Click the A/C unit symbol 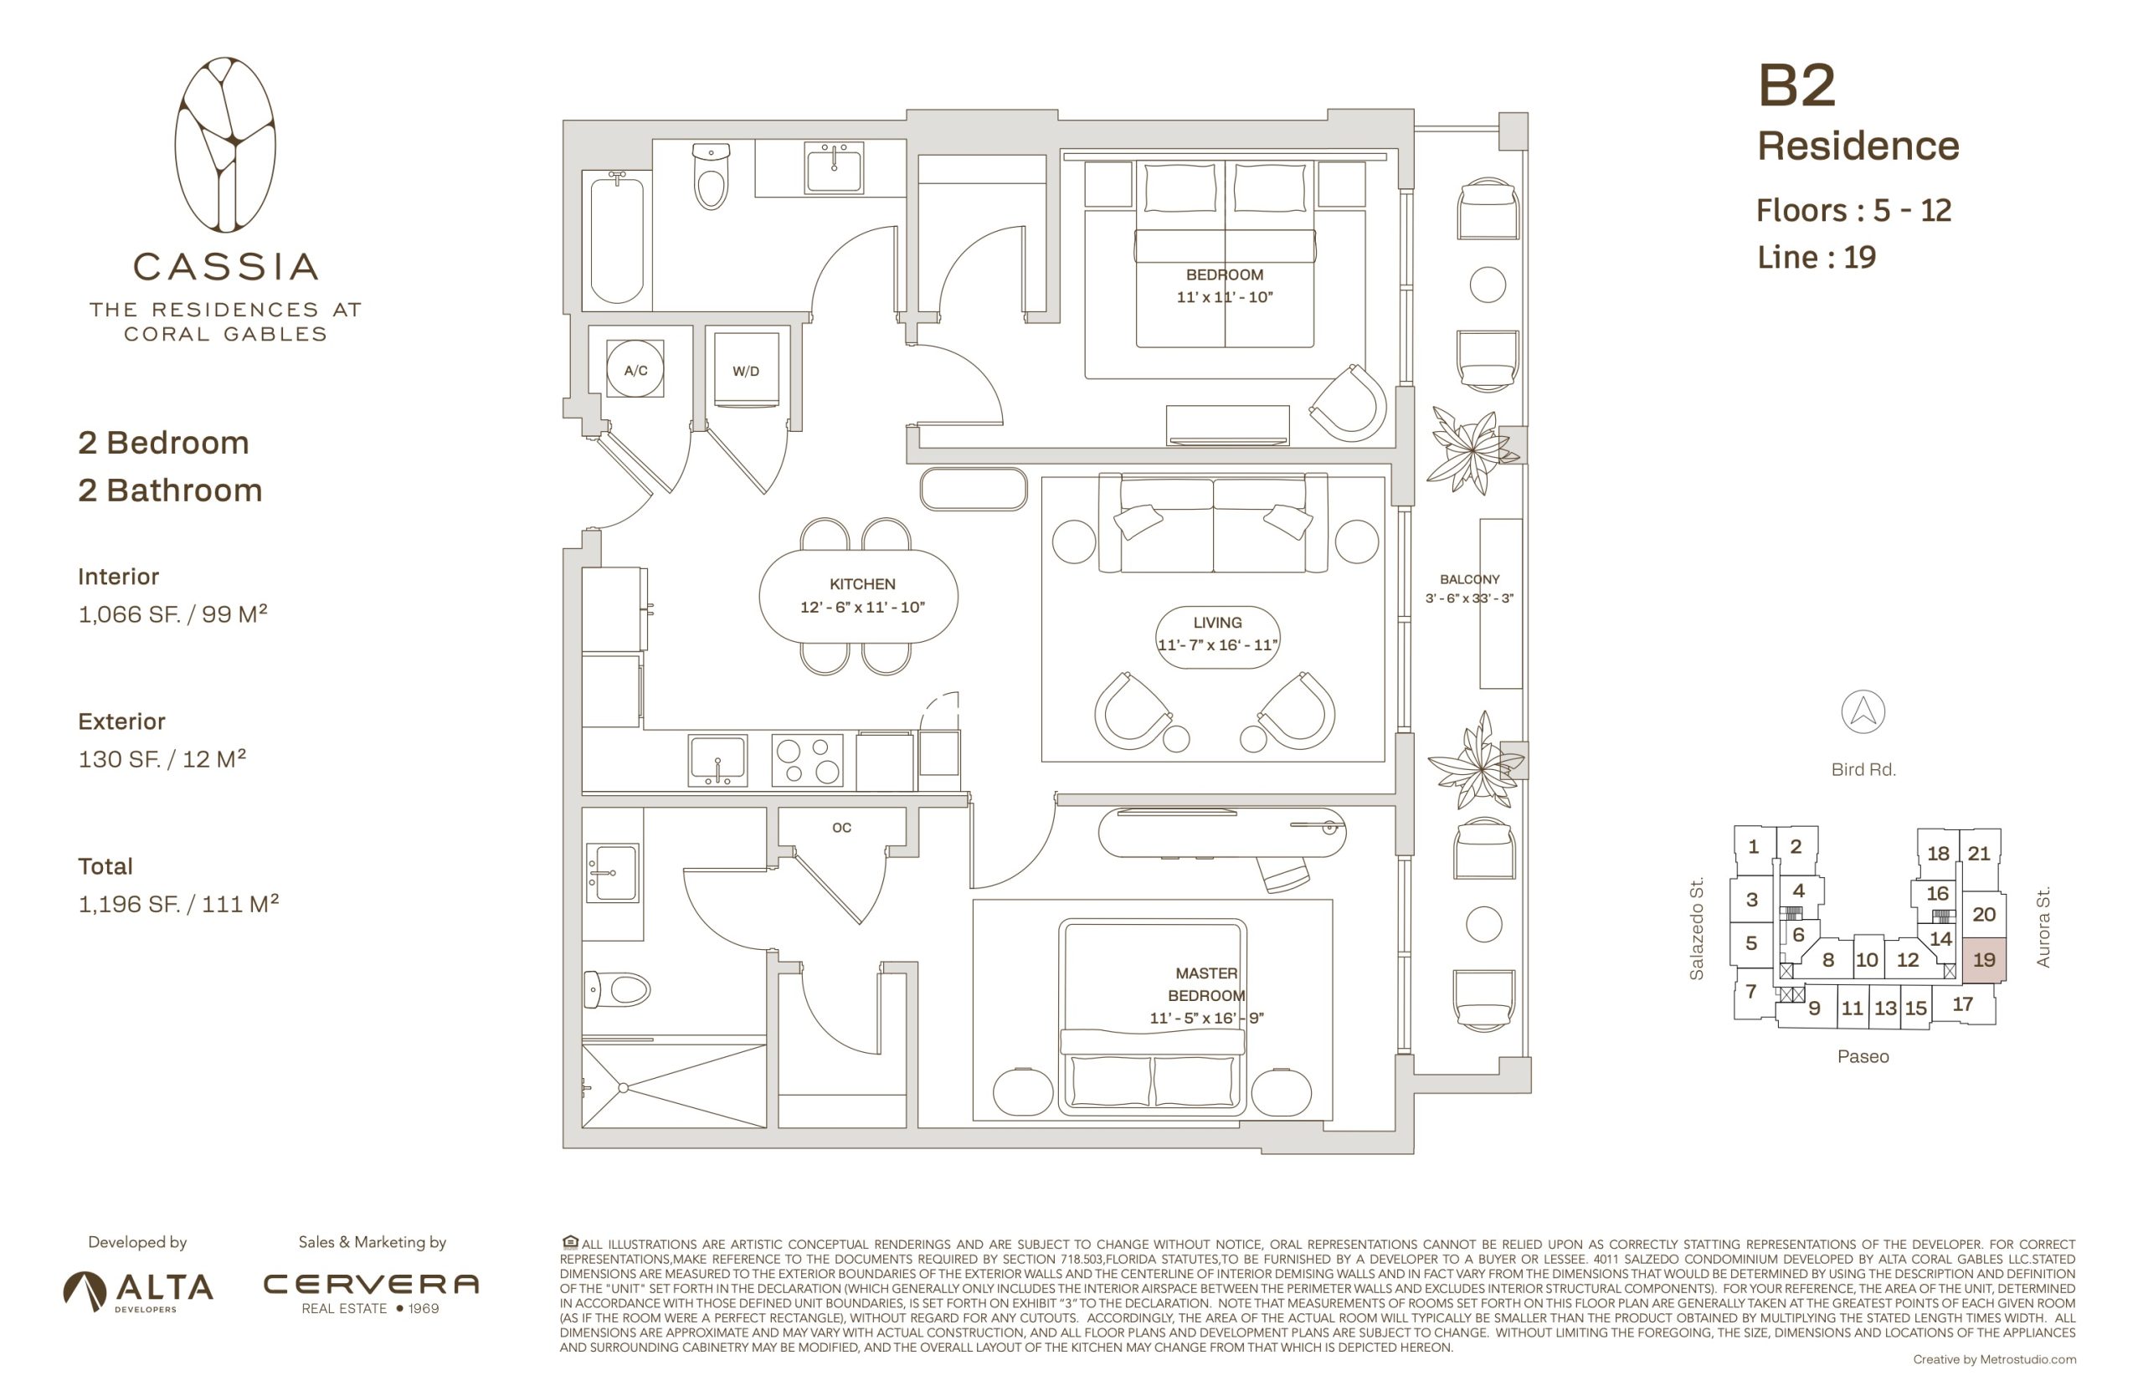[x=635, y=369]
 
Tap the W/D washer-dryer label [x=745, y=371]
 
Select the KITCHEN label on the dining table [x=861, y=584]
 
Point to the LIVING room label [x=1217, y=623]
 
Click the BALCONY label [x=1469, y=580]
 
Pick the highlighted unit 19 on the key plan [x=1984, y=958]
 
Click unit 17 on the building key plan [x=1962, y=1004]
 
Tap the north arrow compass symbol [x=1863, y=712]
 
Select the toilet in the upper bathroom [x=711, y=177]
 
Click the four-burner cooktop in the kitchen [x=807, y=761]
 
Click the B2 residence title [x=1796, y=85]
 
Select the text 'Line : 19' [x=1817, y=258]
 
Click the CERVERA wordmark [x=370, y=1283]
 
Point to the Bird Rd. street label [x=1863, y=769]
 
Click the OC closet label [x=840, y=827]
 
